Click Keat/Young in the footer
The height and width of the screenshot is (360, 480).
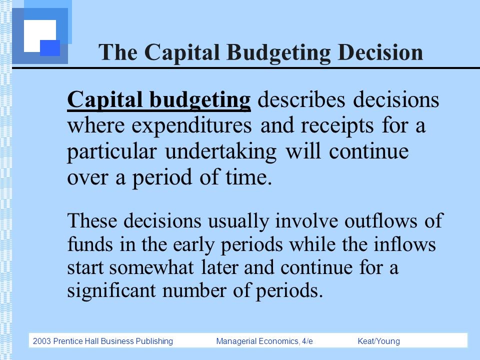[x=379, y=341]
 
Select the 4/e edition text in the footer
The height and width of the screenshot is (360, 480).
[x=307, y=341]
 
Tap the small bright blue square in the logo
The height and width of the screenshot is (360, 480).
[x=50, y=47]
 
